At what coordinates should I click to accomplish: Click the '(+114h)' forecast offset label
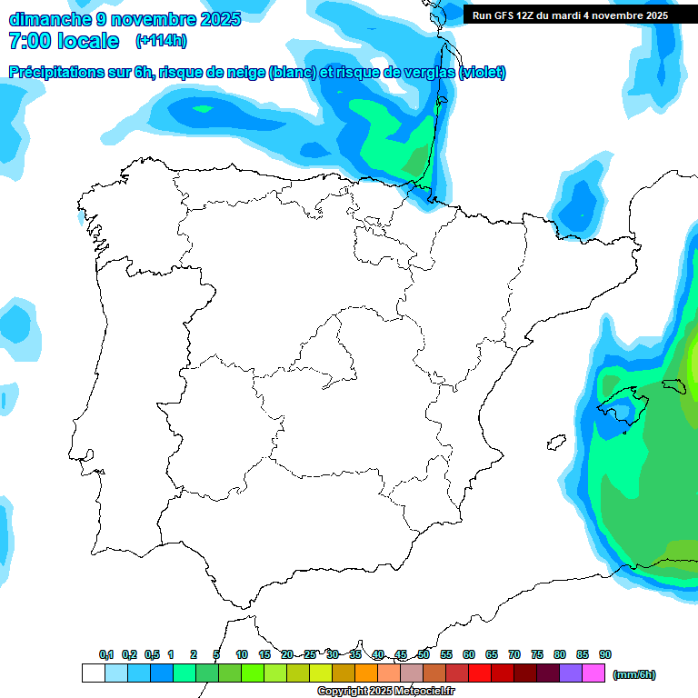(x=161, y=41)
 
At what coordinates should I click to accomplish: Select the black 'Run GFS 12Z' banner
(x=570, y=15)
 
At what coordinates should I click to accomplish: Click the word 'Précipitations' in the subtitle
(x=55, y=73)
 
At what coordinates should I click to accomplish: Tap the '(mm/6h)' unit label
(x=633, y=674)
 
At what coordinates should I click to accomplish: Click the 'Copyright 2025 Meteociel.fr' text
(x=385, y=692)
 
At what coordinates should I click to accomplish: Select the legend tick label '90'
(x=605, y=654)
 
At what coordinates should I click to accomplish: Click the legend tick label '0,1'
(x=105, y=654)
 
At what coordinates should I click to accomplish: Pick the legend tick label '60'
(x=469, y=654)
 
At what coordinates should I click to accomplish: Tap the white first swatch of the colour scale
(x=93, y=673)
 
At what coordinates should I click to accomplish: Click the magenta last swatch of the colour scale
(x=593, y=673)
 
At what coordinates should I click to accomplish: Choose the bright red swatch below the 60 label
(x=480, y=673)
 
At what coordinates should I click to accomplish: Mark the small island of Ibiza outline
(x=555, y=443)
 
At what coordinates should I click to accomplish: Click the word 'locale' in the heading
(x=88, y=41)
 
